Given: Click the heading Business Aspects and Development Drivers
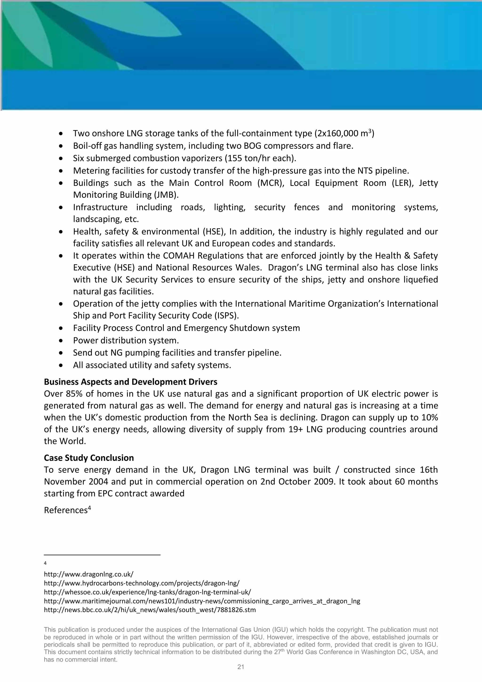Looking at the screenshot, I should click(130, 382).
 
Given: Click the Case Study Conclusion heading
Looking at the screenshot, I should click(89, 458).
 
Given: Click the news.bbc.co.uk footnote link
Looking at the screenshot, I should click(150, 610).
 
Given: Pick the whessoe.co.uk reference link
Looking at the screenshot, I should click(147, 592).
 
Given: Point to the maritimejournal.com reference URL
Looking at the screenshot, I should click(202, 601).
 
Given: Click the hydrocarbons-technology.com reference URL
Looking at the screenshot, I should click(142, 583).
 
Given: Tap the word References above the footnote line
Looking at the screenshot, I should click(66, 510).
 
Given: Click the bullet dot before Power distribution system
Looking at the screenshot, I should click(61, 340).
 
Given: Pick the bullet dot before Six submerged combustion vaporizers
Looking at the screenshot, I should click(61, 158).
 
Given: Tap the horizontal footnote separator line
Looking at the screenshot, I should click(102, 555).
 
